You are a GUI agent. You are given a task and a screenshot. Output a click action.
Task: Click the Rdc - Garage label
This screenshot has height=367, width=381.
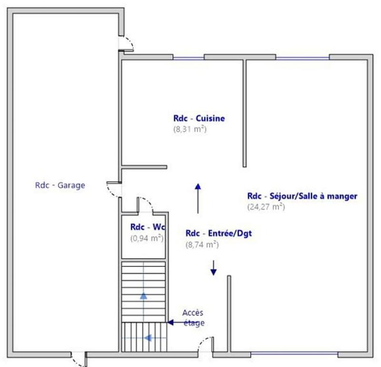point(60,186)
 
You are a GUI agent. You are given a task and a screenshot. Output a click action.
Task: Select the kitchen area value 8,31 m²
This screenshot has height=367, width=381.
point(190,129)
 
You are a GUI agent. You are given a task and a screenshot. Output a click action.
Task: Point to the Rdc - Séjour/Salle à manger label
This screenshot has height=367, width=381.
point(302,196)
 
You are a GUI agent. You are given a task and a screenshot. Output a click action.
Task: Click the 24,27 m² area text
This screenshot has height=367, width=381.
point(266,207)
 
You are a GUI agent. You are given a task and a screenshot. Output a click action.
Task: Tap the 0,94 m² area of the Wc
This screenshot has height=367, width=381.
point(147,238)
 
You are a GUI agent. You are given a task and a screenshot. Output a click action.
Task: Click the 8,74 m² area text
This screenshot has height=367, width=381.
point(202,245)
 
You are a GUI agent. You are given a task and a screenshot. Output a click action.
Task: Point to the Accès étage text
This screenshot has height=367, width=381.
point(193,318)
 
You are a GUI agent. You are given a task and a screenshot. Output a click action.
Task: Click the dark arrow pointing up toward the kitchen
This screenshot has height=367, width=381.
point(197,198)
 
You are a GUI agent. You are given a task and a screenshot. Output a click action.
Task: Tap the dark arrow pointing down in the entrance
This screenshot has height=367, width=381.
point(213,268)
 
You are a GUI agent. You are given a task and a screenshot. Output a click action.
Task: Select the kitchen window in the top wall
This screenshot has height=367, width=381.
point(189,58)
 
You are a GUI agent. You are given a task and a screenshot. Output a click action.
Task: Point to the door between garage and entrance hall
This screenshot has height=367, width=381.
point(114,191)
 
